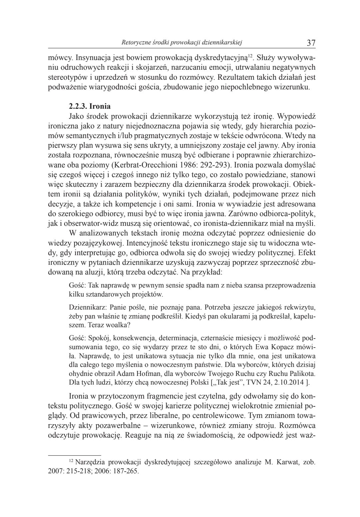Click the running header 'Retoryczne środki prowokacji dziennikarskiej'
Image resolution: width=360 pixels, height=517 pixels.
pos(182,42)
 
